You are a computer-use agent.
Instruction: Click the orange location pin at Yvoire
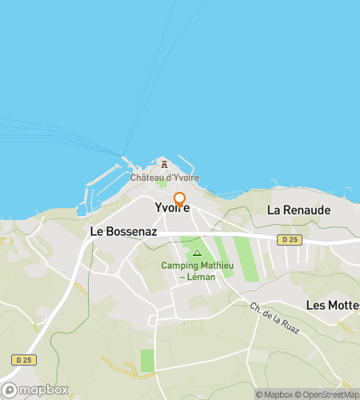click(179, 198)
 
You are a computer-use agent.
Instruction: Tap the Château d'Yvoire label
click(166, 178)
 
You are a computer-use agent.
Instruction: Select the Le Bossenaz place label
click(123, 231)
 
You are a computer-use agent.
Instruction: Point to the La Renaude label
click(298, 210)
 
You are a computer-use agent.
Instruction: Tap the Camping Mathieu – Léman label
click(196, 271)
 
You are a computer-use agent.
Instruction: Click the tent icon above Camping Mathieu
click(197, 253)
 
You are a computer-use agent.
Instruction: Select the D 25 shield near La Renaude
click(290, 239)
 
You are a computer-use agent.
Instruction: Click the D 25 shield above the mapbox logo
click(25, 361)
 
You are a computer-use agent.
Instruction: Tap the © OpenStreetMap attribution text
click(328, 394)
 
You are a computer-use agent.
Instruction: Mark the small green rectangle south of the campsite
click(147, 360)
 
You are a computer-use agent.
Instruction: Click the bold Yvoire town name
click(172, 209)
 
